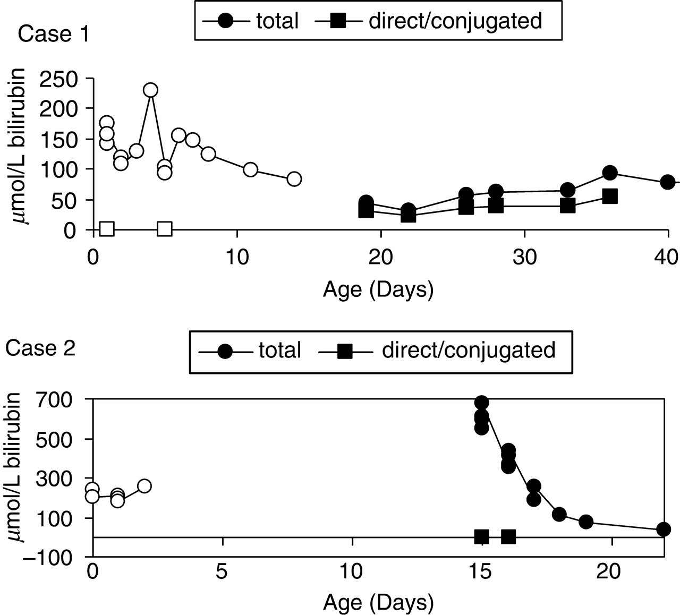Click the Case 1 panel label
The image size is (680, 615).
coord(53,34)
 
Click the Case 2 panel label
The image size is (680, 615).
coord(40,348)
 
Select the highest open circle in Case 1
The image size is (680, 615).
coord(150,90)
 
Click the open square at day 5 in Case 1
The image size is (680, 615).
coord(165,229)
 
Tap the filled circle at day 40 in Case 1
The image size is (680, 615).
coord(667,182)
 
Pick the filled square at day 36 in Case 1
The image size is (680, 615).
coord(610,197)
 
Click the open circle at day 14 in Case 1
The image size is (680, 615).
coord(294,178)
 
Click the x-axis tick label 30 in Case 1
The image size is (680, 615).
coord(524,258)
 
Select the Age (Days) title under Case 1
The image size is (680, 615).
coord(378,290)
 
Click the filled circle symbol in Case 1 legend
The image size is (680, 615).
coord(226,21)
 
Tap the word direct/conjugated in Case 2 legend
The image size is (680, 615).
coord(469,350)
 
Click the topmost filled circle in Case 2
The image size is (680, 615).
coord(481,403)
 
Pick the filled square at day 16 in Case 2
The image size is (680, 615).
coord(508,537)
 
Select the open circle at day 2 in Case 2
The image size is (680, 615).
coord(144,486)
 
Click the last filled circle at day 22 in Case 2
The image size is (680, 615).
coord(664,529)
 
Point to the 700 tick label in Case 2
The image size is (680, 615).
coord(54,401)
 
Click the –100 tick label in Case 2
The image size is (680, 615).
coord(48,557)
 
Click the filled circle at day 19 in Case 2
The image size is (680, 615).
coord(586,522)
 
